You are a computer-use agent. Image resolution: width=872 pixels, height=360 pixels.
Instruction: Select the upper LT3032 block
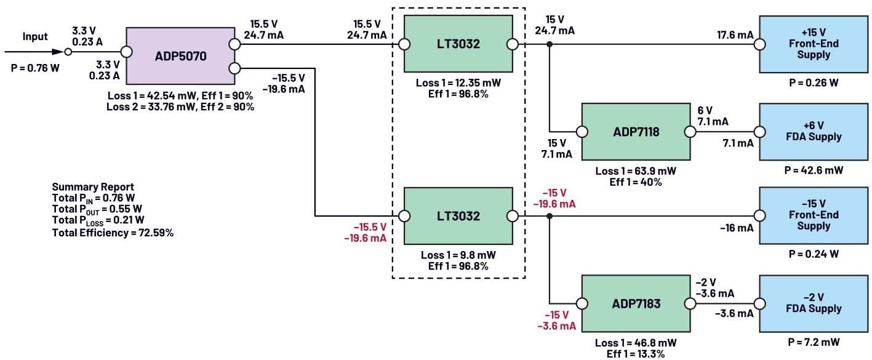click(x=458, y=44)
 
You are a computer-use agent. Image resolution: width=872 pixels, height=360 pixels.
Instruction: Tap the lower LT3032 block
click(x=458, y=216)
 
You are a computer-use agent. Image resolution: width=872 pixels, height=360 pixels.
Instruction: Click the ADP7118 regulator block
click(x=636, y=131)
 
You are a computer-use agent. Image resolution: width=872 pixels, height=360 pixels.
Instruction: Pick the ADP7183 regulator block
click(x=636, y=303)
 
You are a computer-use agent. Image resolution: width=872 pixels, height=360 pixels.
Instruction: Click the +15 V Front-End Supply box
click(x=809, y=44)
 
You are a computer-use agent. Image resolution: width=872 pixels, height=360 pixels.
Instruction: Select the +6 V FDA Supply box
click(x=809, y=131)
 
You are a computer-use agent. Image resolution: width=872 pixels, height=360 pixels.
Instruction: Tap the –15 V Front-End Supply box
click(x=809, y=216)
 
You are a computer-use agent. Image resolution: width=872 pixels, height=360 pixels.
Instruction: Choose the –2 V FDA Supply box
click(x=809, y=303)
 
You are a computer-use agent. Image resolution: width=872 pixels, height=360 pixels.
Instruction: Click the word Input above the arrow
click(x=35, y=37)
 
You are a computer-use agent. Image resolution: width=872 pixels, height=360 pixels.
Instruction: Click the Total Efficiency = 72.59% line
click(x=113, y=233)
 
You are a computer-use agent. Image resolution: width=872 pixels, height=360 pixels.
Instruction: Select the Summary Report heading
click(x=93, y=187)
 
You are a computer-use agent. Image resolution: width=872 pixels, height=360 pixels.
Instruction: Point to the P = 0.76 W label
click(x=35, y=68)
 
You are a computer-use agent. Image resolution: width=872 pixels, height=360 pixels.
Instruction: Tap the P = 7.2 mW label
click(x=809, y=342)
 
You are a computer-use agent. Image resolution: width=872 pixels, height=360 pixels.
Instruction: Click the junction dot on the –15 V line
click(x=550, y=216)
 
